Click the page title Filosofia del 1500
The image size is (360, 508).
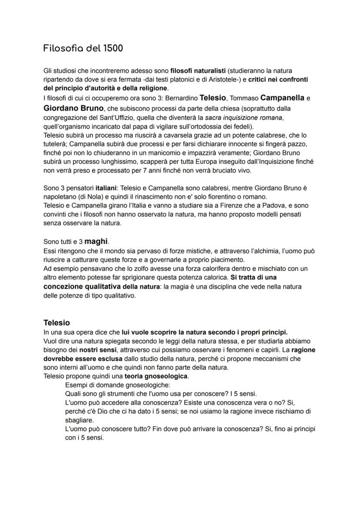pyautogui.click(x=83, y=48)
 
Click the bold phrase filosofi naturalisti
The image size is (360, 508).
pyautogui.click(x=197, y=70)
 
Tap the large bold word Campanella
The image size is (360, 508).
pyautogui.click(x=283, y=98)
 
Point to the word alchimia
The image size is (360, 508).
pyautogui.click(x=270, y=251)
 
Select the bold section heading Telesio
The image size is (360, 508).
pyautogui.click(x=57, y=323)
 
